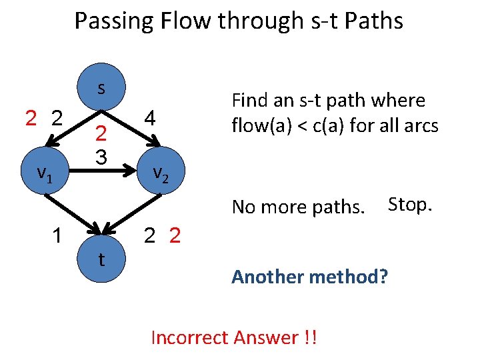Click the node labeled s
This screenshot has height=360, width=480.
101,89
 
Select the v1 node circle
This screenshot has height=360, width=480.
45,173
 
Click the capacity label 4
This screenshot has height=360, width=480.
151,119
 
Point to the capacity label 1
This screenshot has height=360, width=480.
59,236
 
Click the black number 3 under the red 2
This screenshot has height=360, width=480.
101,157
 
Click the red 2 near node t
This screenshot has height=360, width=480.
175,236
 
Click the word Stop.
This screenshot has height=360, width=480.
410,204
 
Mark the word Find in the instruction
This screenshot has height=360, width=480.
249,101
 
